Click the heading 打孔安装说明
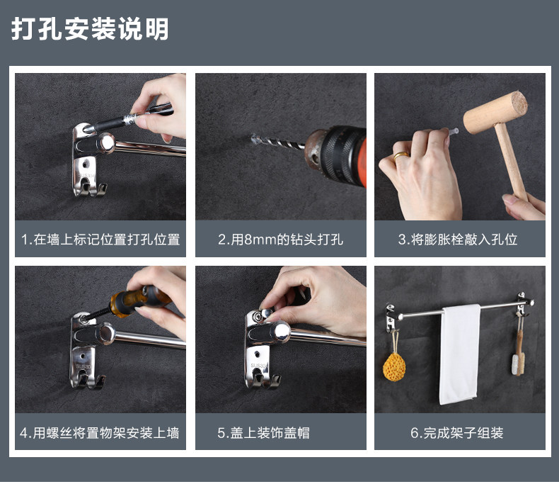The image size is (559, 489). [x=90, y=28]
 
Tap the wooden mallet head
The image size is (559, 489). [x=495, y=112]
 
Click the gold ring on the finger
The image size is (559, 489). [x=401, y=156]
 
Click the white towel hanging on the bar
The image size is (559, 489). [x=460, y=354]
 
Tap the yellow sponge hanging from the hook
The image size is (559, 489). [x=394, y=367]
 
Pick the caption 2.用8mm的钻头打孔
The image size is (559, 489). [x=281, y=239]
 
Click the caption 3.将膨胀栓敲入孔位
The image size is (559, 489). [x=458, y=239]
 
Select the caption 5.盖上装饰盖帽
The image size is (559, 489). [x=263, y=432]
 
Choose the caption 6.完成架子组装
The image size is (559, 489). [x=456, y=432]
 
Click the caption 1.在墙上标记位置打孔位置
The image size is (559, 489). [x=100, y=239]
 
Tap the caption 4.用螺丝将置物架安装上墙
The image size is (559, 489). [x=100, y=432]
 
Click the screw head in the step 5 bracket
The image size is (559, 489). [x=257, y=315]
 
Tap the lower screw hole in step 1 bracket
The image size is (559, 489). [x=85, y=164]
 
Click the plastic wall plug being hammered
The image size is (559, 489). [x=453, y=132]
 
